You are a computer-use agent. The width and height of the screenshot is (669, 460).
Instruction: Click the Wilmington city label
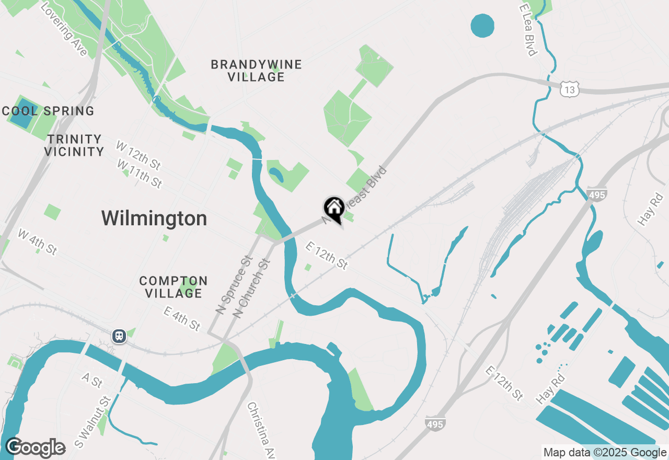point(154,218)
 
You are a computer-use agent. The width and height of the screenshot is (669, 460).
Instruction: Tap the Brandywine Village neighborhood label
point(256,71)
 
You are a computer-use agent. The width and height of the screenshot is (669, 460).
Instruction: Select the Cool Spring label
point(48,111)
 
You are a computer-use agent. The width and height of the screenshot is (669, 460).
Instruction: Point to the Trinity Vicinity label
point(74,145)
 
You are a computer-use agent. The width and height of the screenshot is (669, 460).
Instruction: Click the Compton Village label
point(174,287)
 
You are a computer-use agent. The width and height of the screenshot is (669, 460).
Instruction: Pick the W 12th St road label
point(138,155)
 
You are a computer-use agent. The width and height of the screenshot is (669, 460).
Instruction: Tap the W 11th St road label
point(140,174)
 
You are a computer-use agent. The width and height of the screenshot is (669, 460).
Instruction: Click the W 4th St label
point(37,241)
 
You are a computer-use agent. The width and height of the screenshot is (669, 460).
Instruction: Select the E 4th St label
point(182,318)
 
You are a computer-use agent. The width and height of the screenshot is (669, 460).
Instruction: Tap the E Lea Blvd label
point(528,30)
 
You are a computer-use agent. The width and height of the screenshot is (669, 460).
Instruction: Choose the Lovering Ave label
point(63,30)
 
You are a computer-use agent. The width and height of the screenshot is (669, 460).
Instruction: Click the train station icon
point(119,336)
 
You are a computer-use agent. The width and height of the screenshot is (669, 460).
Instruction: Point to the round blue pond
point(482,25)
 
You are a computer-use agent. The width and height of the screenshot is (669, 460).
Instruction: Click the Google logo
point(35,448)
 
